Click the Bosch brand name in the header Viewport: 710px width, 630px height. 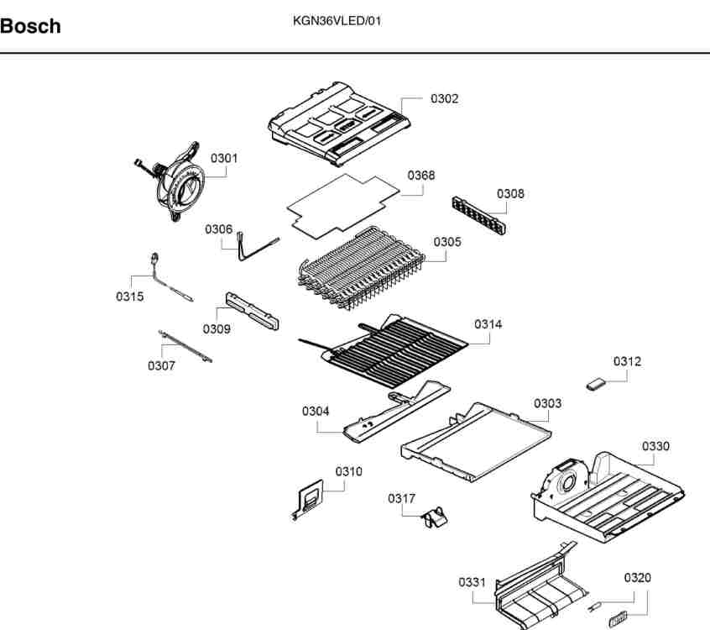[x=31, y=26]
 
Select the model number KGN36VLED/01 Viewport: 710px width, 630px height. [x=337, y=21]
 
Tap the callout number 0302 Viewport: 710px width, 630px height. [x=444, y=99]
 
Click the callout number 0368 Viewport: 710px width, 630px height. [x=421, y=176]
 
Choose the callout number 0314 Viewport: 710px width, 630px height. [x=488, y=324]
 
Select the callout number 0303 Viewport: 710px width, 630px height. [x=548, y=403]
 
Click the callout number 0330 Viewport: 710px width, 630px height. [x=655, y=446]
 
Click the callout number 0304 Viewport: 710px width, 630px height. [x=316, y=411]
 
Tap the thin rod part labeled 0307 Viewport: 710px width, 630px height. [x=185, y=346]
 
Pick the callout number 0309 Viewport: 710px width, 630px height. [x=217, y=329]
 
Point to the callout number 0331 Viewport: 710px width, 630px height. [x=472, y=582]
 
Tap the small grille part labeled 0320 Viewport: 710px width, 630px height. [x=619, y=619]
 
